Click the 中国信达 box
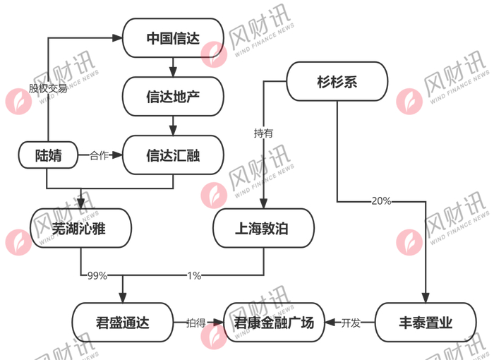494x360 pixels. coord(173,38)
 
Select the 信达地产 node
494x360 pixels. coord(173,96)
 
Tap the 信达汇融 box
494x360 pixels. coord(173,155)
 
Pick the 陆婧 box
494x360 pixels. coord(48,155)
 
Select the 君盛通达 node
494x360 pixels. coord(122,323)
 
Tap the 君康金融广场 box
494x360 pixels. coord(275,323)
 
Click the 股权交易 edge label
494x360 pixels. coord(48,90)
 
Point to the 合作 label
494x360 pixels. coord(99,155)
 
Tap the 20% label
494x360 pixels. coord(381,201)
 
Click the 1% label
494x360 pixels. coord(194,275)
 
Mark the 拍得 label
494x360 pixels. coord(195,323)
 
